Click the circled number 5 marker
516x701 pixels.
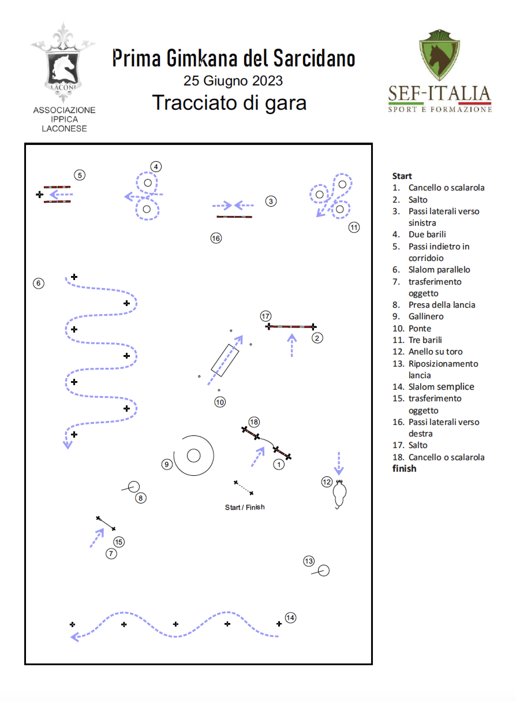coord(80,175)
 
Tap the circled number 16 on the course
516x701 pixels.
coord(216,238)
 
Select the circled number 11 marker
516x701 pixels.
coord(354,227)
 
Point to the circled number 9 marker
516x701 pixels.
coord(167,465)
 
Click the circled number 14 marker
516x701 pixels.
coord(291,618)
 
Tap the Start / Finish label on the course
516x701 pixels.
coord(244,507)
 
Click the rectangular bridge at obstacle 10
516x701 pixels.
coord(225,360)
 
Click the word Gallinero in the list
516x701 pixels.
coord(426,316)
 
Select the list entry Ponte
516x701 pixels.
coord(420,328)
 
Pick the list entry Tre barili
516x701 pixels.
coord(425,340)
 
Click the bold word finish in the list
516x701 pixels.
coord(404,469)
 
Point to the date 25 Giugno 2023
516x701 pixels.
coord(233,81)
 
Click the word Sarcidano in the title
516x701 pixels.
coord(314,58)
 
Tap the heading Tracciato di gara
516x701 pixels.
coord(229,103)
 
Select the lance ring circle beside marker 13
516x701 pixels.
coord(324,571)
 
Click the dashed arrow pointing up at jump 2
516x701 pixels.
coord(292,345)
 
